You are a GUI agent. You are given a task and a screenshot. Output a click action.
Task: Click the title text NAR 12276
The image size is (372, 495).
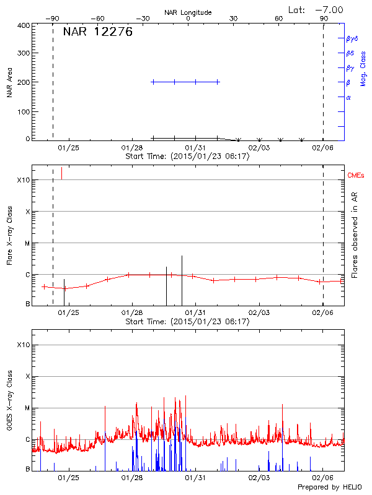97,33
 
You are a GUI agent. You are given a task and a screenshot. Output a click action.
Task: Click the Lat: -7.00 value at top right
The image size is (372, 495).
317,9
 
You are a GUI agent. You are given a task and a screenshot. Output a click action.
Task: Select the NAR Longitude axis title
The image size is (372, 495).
188,12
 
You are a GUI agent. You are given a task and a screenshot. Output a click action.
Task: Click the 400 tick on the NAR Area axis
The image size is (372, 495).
24,25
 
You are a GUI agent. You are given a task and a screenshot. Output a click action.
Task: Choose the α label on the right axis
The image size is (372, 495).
348,97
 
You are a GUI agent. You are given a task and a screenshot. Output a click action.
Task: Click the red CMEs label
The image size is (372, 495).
356,176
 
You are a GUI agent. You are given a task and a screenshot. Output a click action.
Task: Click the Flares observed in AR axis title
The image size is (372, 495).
355,236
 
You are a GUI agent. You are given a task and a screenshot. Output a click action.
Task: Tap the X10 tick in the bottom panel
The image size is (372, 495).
24,345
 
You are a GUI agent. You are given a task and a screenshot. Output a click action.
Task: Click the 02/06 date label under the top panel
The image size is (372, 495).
322,148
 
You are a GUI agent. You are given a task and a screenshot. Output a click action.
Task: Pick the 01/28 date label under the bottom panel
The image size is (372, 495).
132,478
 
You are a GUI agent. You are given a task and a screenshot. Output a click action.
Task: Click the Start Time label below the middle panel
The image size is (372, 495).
187,321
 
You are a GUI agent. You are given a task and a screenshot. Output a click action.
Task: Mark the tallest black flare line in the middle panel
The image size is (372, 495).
182,279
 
